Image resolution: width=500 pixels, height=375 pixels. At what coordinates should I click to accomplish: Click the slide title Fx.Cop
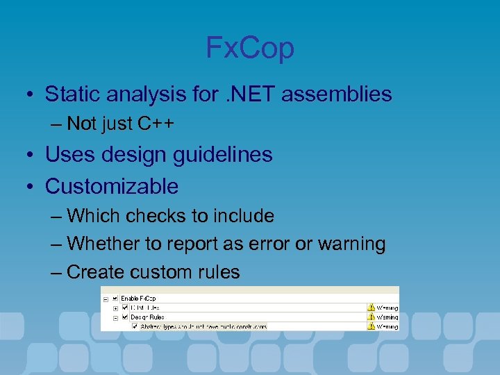(x=250, y=48)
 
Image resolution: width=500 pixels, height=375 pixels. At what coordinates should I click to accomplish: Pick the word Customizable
(x=112, y=186)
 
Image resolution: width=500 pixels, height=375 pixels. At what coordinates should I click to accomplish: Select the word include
(x=246, y=216)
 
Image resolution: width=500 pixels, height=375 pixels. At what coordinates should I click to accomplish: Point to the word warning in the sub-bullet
(x=351, y=244)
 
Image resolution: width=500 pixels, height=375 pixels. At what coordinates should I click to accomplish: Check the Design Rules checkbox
(x=125, y=316)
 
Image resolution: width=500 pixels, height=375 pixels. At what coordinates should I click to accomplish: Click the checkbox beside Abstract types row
(x=135, y=326)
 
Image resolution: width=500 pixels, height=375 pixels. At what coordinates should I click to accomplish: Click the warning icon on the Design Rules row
(x=371, y=317)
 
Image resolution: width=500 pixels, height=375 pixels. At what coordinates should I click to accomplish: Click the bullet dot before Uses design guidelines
(x=32, y=156)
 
